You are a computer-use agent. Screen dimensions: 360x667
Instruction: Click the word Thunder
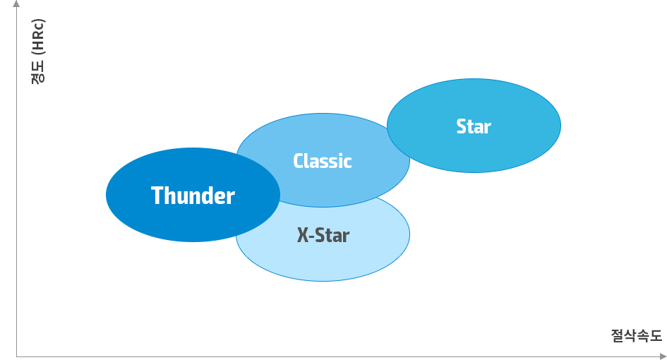[193, 196]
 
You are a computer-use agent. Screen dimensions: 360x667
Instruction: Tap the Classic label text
[323, 161]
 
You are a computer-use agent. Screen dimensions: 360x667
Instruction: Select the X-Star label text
[323, 235]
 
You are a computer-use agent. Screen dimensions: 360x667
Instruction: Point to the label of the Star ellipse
[474, 126]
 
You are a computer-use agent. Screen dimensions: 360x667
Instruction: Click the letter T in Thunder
[157, 196]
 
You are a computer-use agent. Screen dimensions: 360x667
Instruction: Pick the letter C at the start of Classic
[299, 161]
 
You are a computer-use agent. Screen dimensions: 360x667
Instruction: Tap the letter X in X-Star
[303, 235]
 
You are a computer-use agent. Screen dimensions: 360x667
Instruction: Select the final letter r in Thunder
[231, 198]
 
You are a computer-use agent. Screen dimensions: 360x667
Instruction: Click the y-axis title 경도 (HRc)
[38, 49]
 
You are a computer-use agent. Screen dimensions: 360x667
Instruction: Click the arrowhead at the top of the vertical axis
[16, 5]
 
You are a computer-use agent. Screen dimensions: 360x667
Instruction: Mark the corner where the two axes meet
[16, 356]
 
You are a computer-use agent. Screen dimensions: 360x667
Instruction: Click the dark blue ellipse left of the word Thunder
[127, 196]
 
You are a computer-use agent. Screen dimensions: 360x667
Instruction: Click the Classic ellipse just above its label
[323, 134]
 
